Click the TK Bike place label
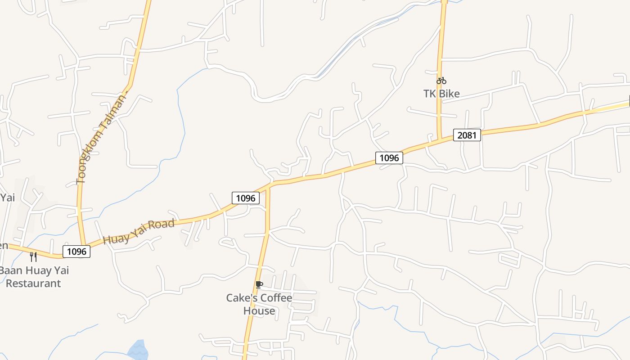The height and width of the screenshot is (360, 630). (x=441, y=94)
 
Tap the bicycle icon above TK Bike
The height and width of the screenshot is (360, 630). (x=441, y=81)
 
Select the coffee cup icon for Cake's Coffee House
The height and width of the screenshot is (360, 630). (x=259, y=284)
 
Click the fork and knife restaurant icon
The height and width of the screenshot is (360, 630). (x=33, y=256)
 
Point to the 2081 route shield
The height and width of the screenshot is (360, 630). (x=467, y=135)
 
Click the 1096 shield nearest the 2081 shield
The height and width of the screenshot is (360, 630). (x=389, y=157)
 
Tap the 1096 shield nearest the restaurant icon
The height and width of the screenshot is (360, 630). (x=76, y=251)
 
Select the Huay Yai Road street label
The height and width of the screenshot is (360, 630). (x=139, y=232)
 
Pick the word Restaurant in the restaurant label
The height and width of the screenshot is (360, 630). (x=33, y=283)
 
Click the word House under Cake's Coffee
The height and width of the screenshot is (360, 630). (x=259, y=310)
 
